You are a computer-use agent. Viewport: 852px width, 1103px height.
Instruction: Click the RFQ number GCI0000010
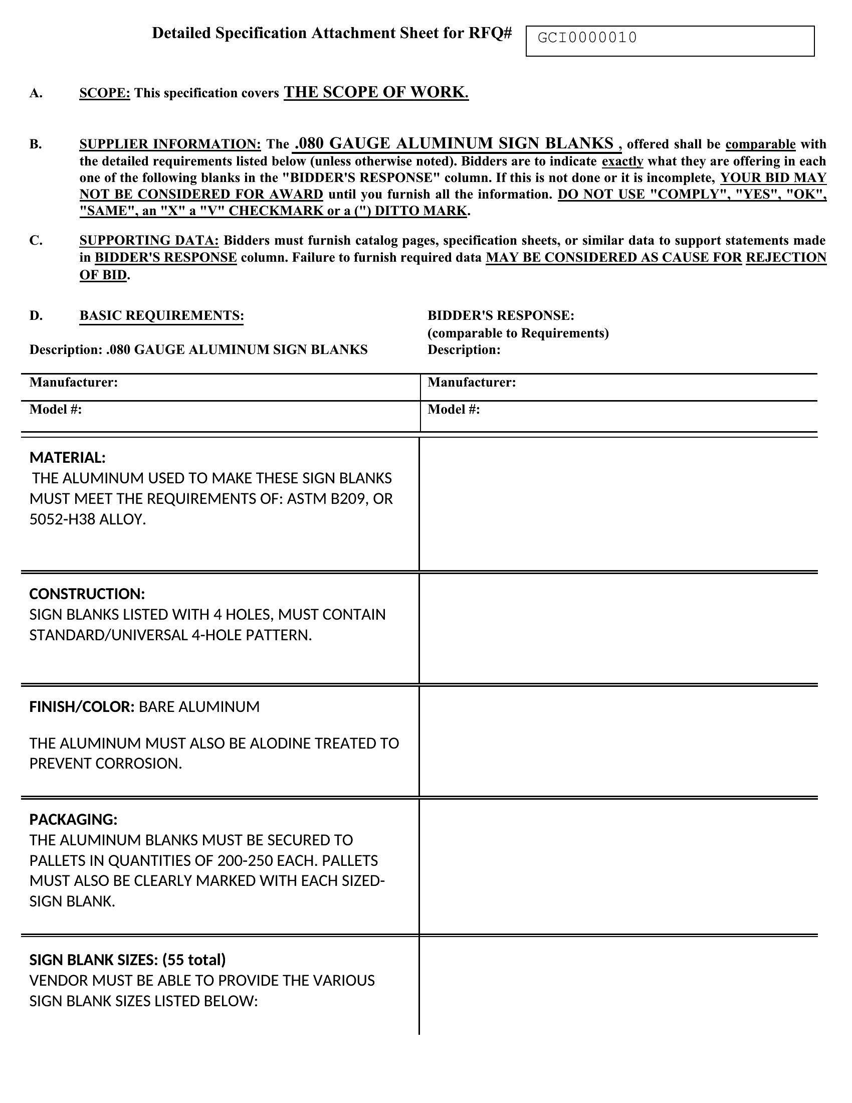coord(587,38)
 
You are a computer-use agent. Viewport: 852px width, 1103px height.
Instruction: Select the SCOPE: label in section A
coord(104,93)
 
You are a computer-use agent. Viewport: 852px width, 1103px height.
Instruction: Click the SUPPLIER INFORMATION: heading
coord(170,144)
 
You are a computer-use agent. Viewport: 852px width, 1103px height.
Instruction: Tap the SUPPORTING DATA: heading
coord(149,240)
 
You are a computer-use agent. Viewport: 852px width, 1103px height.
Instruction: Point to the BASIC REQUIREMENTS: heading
coord(161,316)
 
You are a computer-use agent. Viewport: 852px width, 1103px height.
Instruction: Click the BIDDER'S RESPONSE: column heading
coord(501,316)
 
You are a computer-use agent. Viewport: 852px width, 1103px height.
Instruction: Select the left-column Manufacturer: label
coord(74,383)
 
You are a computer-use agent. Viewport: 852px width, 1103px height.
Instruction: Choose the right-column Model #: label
coord(453,410)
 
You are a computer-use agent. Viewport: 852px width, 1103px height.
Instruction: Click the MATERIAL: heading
coord(68,458)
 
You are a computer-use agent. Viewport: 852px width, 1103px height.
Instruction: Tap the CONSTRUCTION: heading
coord(87,594)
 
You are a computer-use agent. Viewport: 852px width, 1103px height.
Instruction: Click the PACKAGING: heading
coord(73,820)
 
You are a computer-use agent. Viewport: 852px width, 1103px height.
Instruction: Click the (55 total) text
coord(194,960)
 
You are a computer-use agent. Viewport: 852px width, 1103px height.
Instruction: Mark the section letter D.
coord(36,316)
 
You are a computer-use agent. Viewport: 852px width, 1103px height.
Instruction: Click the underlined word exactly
coord(622,161)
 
